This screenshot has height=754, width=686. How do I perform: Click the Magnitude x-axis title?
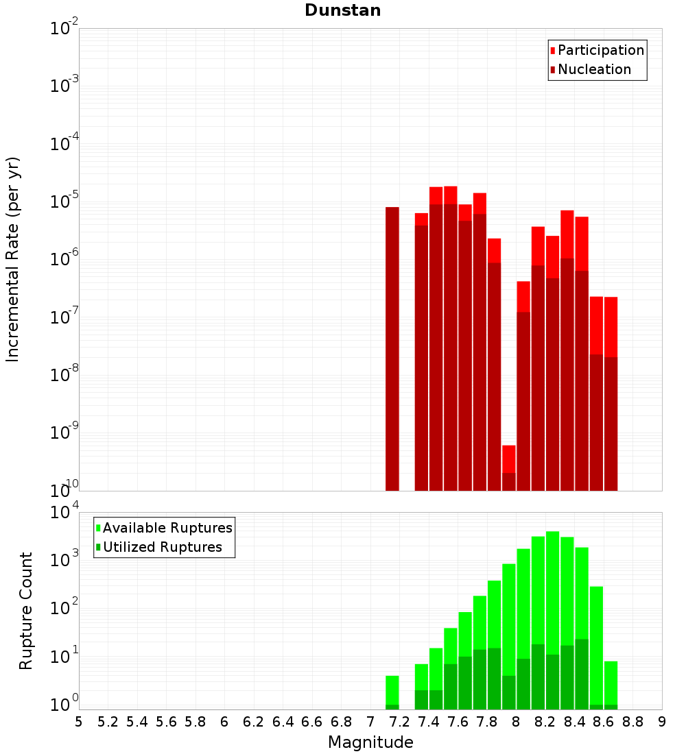point(370,742)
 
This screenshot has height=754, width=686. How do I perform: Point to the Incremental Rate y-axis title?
point(12,259)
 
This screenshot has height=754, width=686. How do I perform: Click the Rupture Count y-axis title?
point(26,610)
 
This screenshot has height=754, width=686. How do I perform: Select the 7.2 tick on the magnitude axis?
point(399,722)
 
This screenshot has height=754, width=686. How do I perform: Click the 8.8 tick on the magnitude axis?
point(632,722)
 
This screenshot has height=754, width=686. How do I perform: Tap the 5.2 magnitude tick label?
point(108,722)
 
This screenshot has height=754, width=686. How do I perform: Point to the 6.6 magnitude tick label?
point(312,722)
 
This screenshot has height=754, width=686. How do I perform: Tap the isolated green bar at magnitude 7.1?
point(392,690)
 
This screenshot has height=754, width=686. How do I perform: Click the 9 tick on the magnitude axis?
point(662,722)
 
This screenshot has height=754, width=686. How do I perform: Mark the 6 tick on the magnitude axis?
point(224,722)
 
